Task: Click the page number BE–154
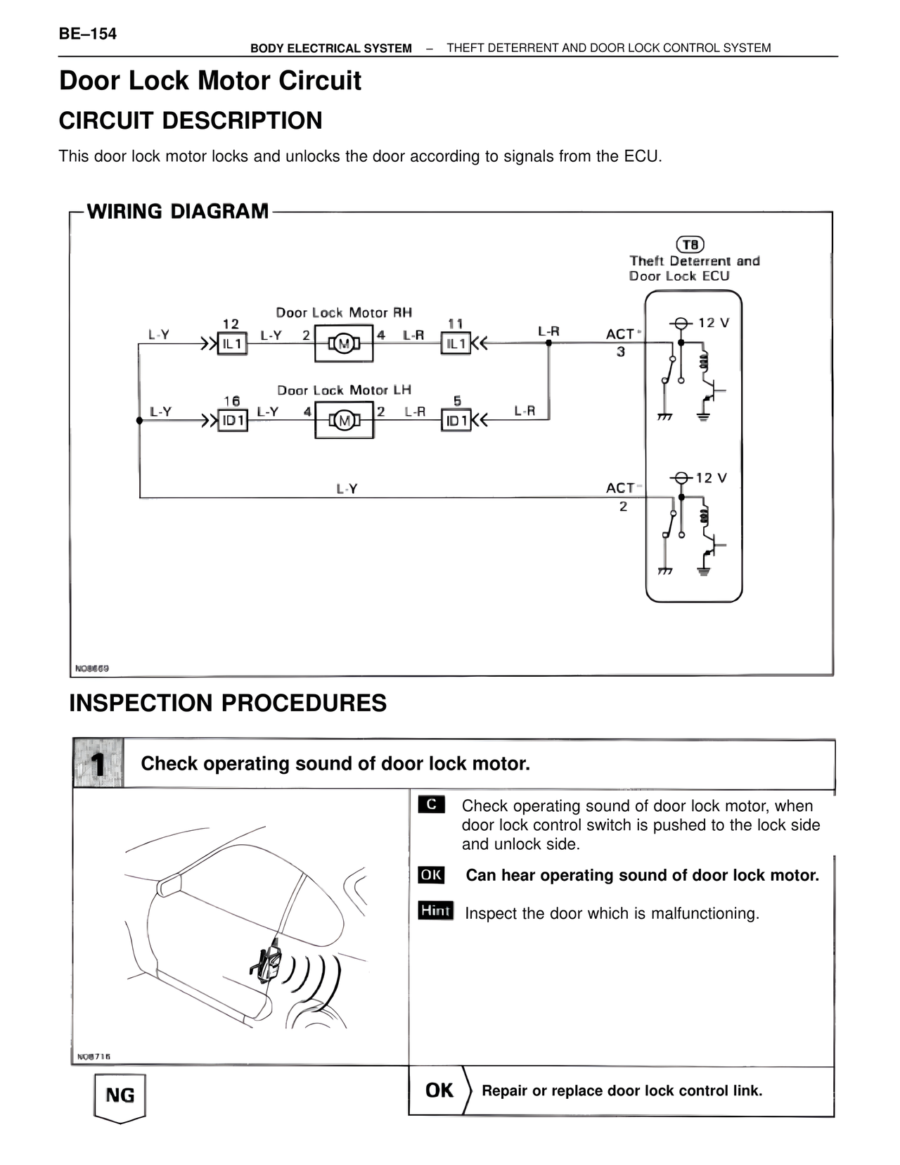(x=88, y=34)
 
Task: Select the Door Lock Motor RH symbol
(x=344, y=344)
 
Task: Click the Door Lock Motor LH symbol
(x=344, y=421)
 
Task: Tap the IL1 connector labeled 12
(x=232, y=344)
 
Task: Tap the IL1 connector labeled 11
(x=456, y=343)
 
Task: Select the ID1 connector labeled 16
(x=232, y=421)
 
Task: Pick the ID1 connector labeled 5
(x=456, y=421)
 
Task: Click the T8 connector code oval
(x=690, y=244)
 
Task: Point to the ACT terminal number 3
(x=621, y=351)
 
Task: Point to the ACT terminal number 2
(x=623, y=506)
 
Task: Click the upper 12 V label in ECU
(x=713, y=323)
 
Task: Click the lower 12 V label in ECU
(x=711, y=478)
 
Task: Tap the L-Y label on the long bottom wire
(x=347, y=488)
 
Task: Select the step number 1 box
(x=98, y=763)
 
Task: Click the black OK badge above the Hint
(x=431, y=874)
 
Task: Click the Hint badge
(x=435, y=910)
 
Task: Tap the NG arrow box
(x=120, y=1096)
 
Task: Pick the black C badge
(x=431, y=804)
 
